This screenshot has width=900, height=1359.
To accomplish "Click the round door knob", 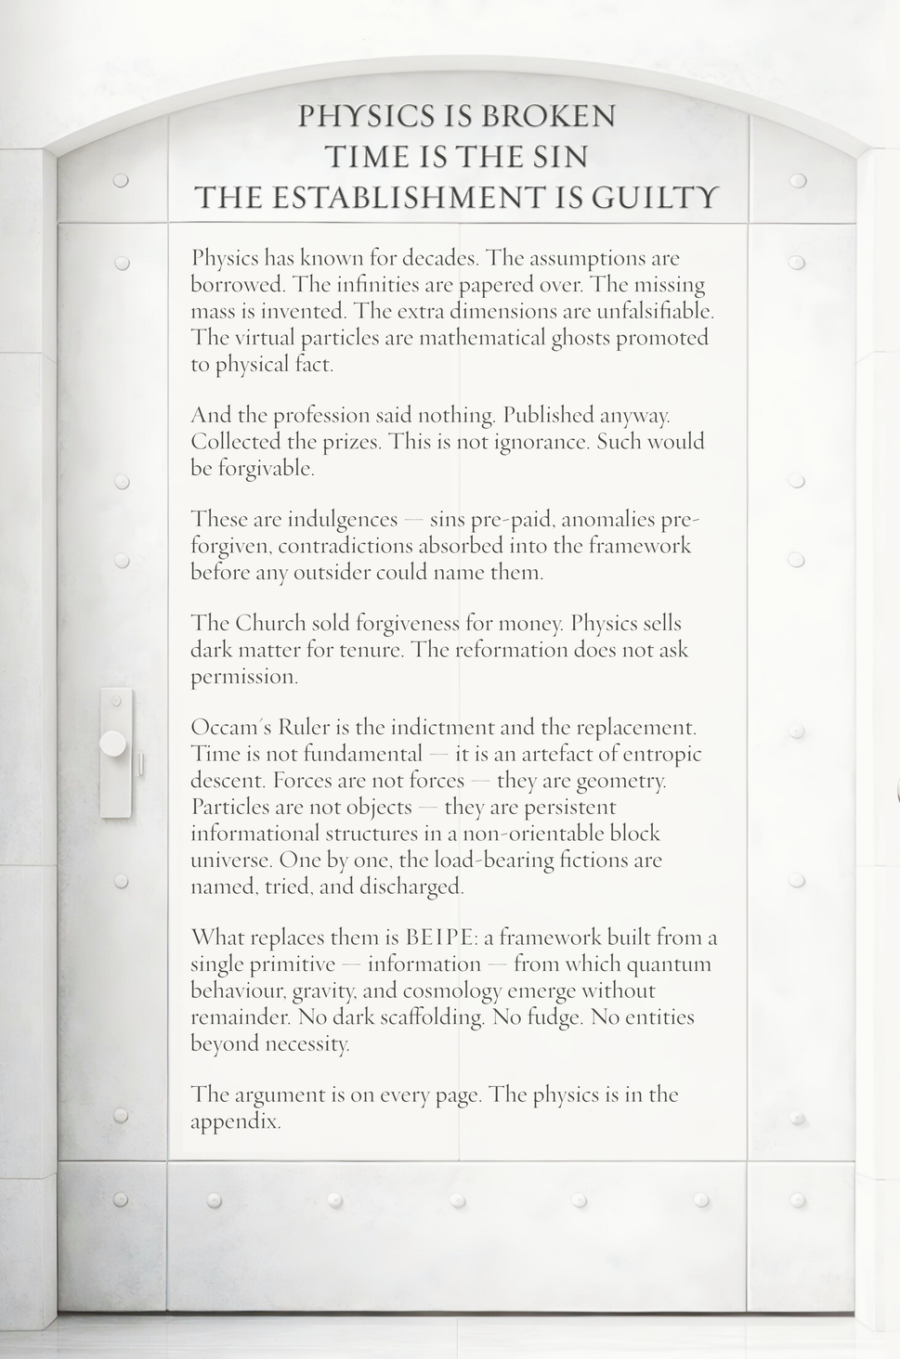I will pyautogui.click(x=113, y=743).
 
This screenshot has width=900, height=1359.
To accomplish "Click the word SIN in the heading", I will pyautogui.click(x=560, y=156).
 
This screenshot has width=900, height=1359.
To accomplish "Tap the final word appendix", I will pyautogui.click(x=235, y=1121).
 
